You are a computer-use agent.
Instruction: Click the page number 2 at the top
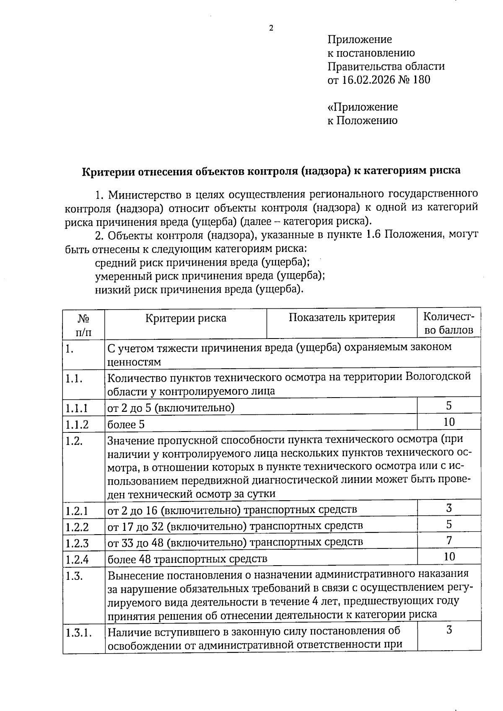271,28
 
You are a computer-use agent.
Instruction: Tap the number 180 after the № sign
422,80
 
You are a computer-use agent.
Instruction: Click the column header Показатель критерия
342,317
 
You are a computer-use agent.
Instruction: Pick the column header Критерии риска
186,318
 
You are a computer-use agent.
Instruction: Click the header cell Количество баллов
449,323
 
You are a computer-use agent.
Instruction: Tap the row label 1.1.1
77,408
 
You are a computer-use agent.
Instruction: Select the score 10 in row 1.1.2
449,422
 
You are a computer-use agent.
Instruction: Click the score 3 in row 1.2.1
449,509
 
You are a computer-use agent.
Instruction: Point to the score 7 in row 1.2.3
449,541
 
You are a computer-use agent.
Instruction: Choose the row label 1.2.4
77,559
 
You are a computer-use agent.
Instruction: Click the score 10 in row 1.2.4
449,557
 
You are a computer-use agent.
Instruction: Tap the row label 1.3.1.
79,633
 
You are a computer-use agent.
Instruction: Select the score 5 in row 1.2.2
449,525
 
